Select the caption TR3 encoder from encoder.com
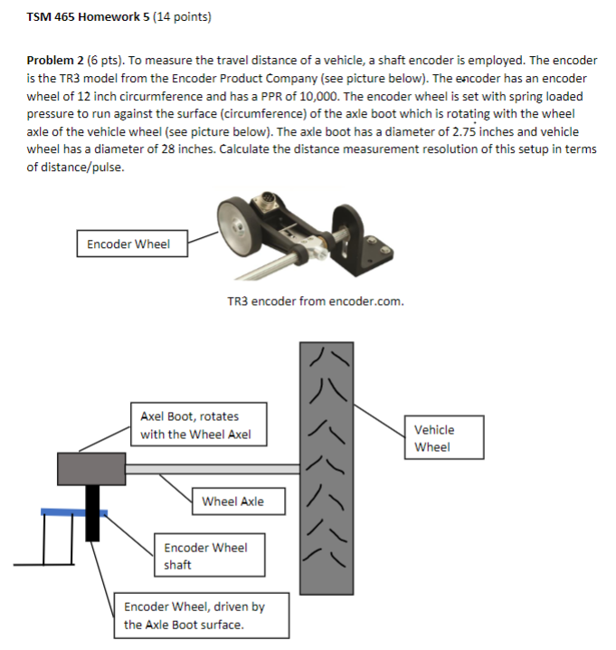315,301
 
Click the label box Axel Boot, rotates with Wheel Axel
198,425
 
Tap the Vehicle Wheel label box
443,438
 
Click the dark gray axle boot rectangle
90,469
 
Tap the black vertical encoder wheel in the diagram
93,512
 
